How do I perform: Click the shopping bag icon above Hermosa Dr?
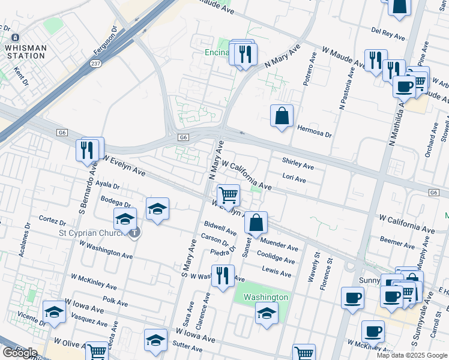click(x=282, y=115)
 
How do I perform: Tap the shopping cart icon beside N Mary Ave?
click(x=228, y=194)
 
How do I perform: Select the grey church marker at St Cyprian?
click(x=136, y=233)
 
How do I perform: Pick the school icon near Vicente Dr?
click(x=54, y=311)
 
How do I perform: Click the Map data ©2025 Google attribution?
click(x=411, y=355)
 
